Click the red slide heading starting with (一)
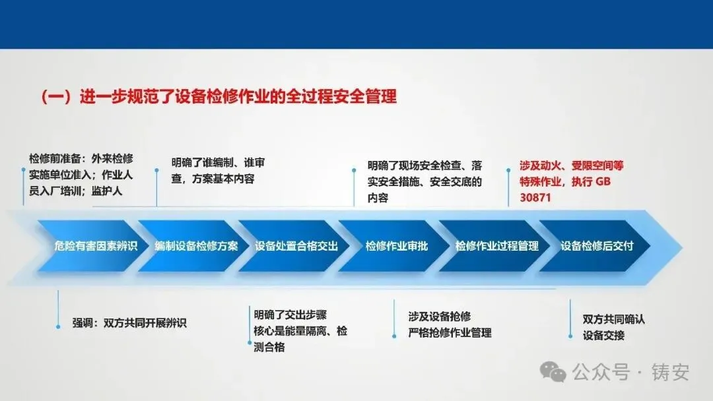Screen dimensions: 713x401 click(219, 97)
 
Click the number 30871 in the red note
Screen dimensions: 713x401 click(535, 198)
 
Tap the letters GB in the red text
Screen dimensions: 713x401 click(603, 181)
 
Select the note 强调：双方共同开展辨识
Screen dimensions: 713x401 click(129, 323)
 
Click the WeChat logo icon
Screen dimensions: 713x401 click(553, 372)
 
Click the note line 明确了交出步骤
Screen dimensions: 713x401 click(290, 315)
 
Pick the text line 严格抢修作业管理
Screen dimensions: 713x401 click(450, 333)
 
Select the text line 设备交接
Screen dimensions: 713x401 click(603, 336)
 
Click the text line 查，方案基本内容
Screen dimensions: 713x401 click(213, 179)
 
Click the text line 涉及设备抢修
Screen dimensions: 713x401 click(439, 317)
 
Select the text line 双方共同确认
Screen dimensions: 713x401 click(613, 319)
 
